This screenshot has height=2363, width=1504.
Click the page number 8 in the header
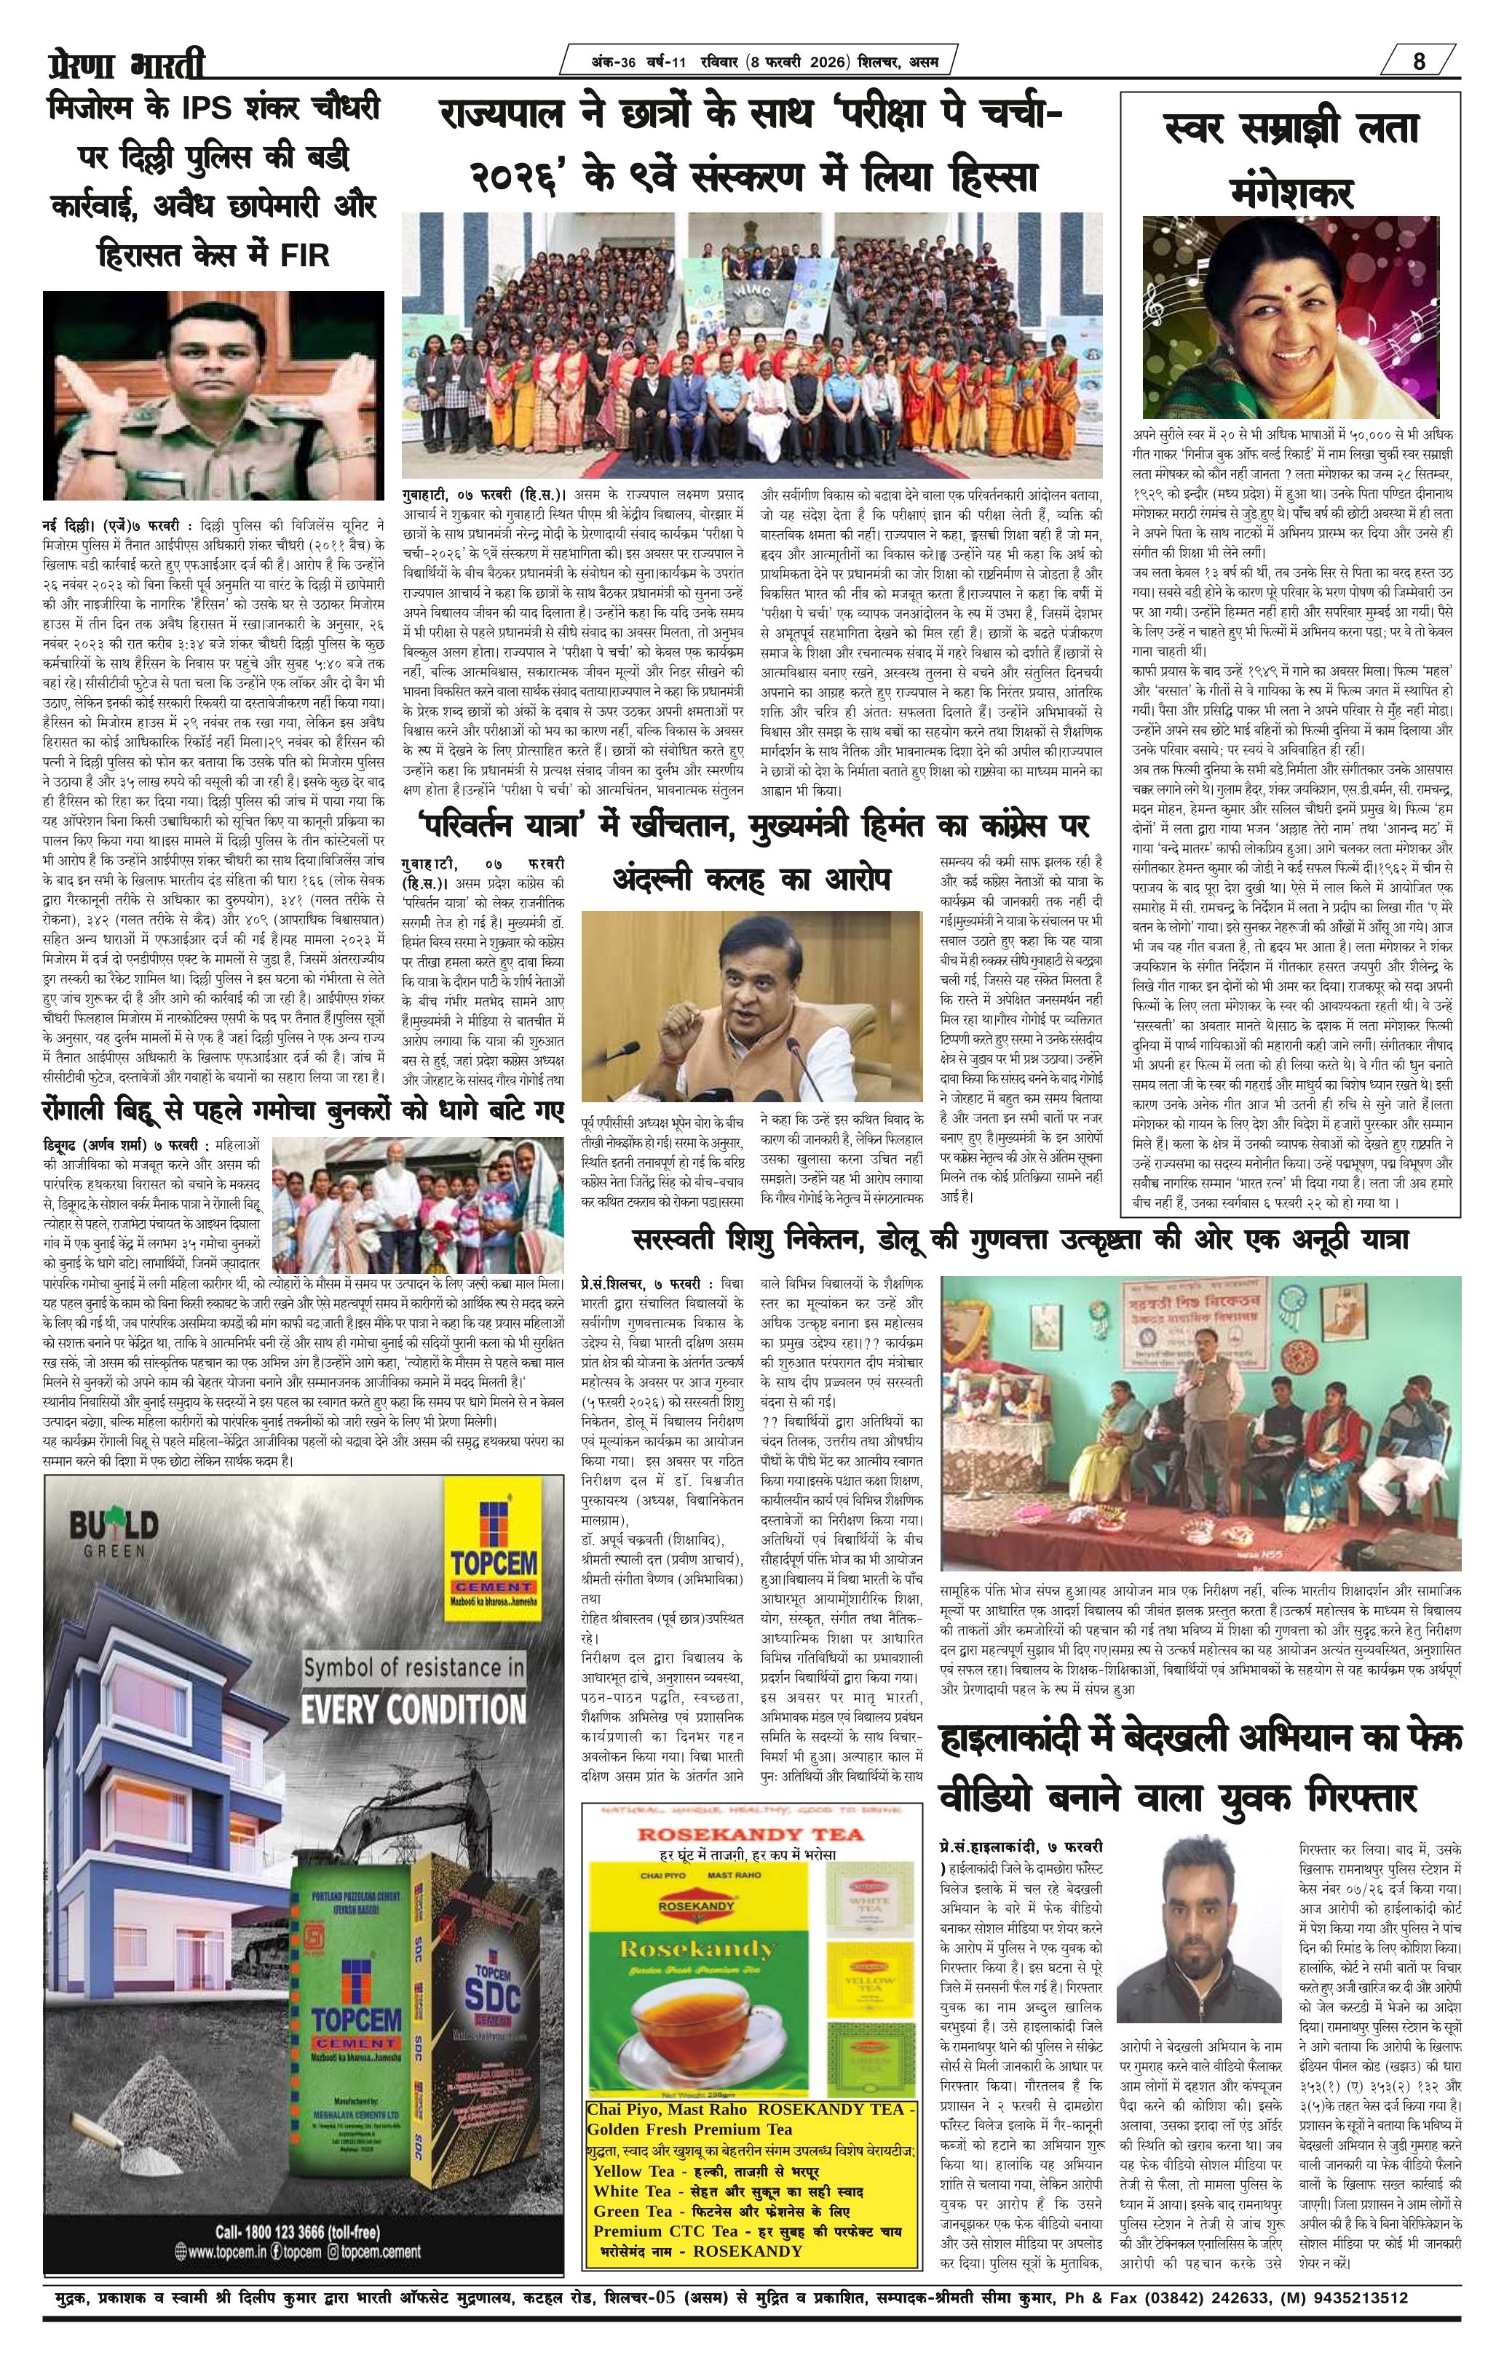(x=1420, y=61)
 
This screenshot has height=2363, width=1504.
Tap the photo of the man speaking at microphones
(x=751, y=1006)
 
